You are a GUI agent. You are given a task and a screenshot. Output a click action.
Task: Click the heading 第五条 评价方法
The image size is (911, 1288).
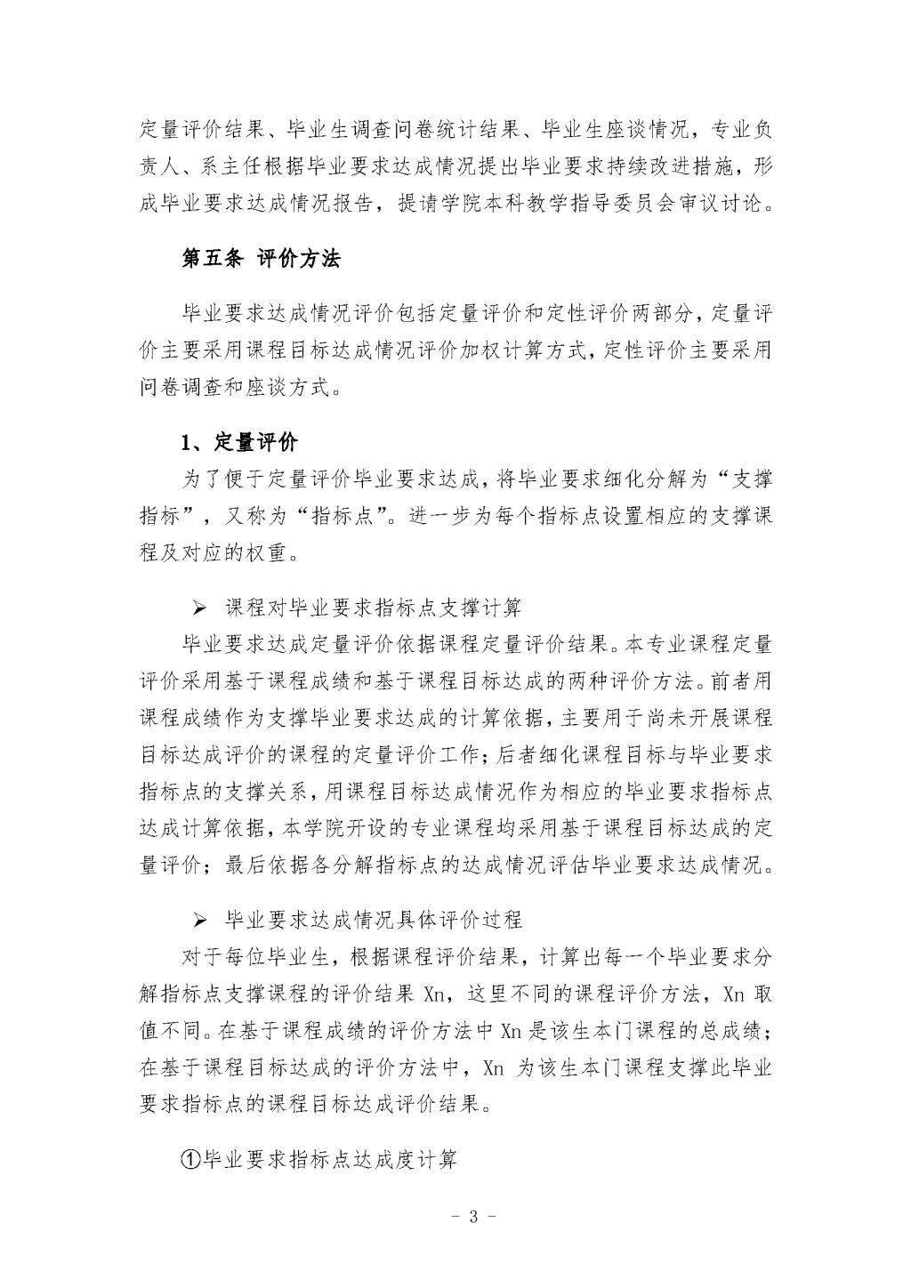tap(261, 259)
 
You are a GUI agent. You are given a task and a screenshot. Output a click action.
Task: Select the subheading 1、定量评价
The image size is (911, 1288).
tap(239, 443)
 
